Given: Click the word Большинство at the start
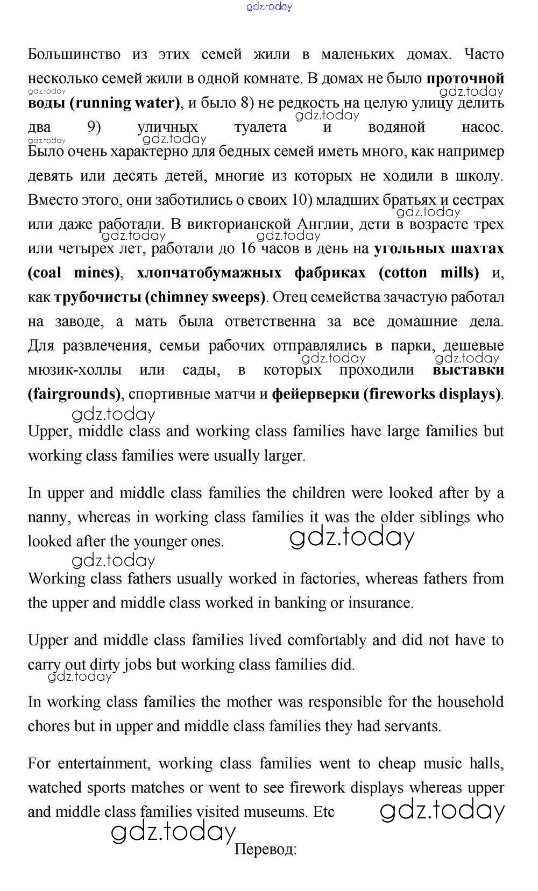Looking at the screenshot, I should pyautogui.click(x=74, y=54).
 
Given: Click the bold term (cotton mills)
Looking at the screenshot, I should pyautogui.click(x=429, y=273).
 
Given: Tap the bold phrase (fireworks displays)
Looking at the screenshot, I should pyautogui.click(x=433, y=394).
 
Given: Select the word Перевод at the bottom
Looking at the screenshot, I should pyautogui.click(x=266, y=850).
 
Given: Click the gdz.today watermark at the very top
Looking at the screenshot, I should pyautogui.click(x=269, y=6).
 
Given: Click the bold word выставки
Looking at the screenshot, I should pyautogui.click(x=468, y=370).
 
